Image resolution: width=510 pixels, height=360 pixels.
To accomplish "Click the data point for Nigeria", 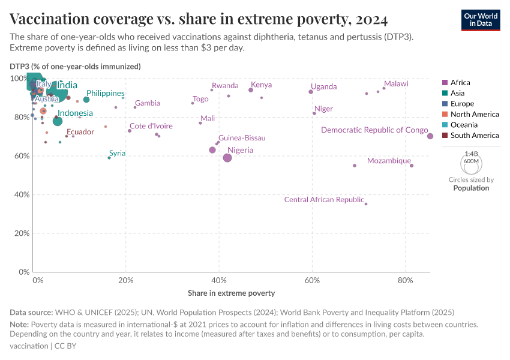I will (x=227, y=158).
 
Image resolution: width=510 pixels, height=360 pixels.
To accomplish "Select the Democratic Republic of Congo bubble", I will (x=430, y=136).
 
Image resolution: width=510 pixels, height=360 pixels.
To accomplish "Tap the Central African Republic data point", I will (x=366, y=204).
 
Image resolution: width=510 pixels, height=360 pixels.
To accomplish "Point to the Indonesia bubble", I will (x=58, y=121).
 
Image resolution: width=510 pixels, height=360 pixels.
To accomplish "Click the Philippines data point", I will (x=86, y=100).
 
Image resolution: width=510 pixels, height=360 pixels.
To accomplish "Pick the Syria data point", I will (x=109, y=158).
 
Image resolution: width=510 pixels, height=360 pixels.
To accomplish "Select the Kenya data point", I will (x=251, y=90).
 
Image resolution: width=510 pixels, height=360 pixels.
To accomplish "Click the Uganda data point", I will (x=311, y=92).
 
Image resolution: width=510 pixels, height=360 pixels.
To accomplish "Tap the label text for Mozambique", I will (x=389, y=161).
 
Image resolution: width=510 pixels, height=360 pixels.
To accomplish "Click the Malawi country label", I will (x=396, y=84).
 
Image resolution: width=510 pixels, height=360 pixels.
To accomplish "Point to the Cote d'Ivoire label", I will (x=151, y=126).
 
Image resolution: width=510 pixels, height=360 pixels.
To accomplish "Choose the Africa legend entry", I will (x=460, y=83).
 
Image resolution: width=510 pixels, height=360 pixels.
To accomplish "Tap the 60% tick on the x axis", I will (x=312, y=280).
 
